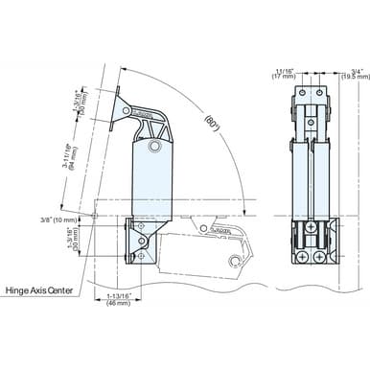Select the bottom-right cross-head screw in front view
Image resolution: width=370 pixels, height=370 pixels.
(320, 258)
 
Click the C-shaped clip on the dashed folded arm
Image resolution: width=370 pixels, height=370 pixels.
(235, 259)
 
